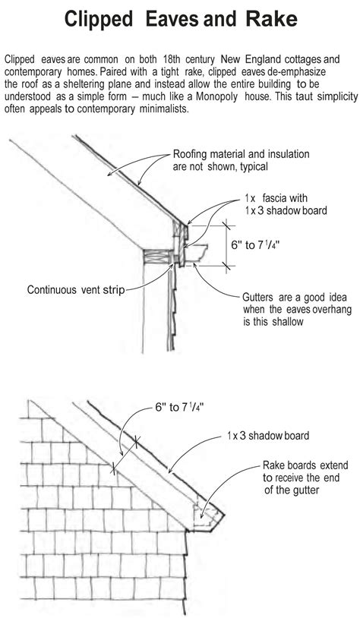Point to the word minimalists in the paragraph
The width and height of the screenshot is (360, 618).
(161, 109)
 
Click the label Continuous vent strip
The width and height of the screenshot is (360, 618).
(76, 289)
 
